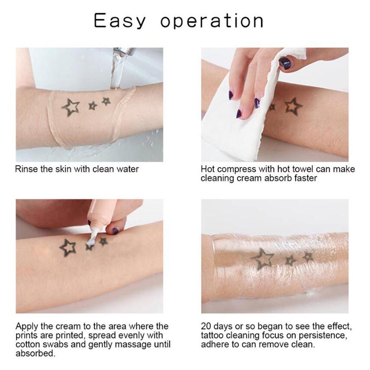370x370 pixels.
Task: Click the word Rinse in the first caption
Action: pyautogui.click(x=27, y=169)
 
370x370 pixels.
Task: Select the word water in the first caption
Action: pyautogui.click(x=127, y=169)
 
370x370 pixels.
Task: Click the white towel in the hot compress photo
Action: pyautogui.click(x=231, y=130)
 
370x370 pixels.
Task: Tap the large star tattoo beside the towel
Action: pyautogui.click(x=293, y=107)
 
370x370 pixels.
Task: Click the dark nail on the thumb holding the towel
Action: pyautogui.click(x=285, y=63)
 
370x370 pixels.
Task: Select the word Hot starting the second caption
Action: pyautogui.click(x=208, y=169)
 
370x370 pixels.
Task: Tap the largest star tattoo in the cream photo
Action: pyautogui.click(x=68, y=248)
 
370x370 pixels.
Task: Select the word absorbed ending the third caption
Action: pyautogui.click(x=35, y=353)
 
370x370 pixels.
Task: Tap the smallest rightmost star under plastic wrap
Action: pyautogui.click(x=308, y=257)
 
